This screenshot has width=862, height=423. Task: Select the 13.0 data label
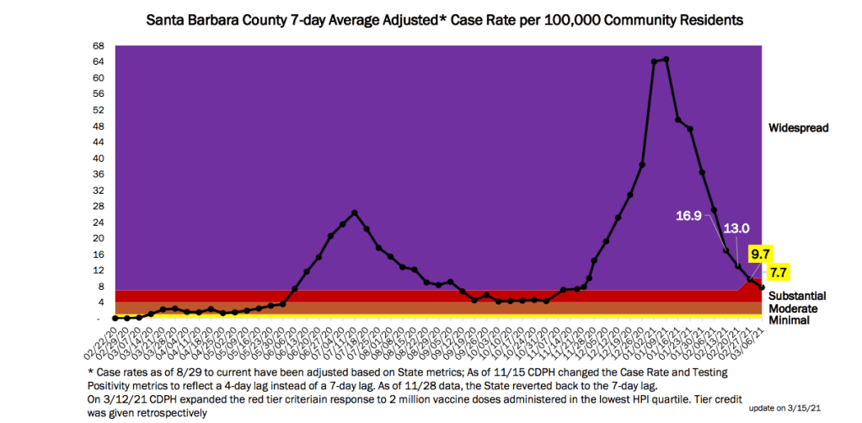(735, 228)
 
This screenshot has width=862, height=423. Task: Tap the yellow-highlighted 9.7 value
(759, 252)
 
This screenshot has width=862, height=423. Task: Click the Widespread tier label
(799, 128)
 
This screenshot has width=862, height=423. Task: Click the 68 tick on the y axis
(99, 46)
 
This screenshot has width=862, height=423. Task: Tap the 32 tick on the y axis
(99, 190)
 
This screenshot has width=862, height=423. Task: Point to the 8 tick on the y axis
(101, 286)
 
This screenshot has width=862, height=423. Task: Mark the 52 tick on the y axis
(99, 110)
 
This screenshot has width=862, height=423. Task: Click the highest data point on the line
(666, 59)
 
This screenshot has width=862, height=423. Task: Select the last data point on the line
(763, 287)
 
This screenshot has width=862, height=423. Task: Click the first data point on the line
(115, 319)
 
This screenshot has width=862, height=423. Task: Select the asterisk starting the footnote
(90, 371)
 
